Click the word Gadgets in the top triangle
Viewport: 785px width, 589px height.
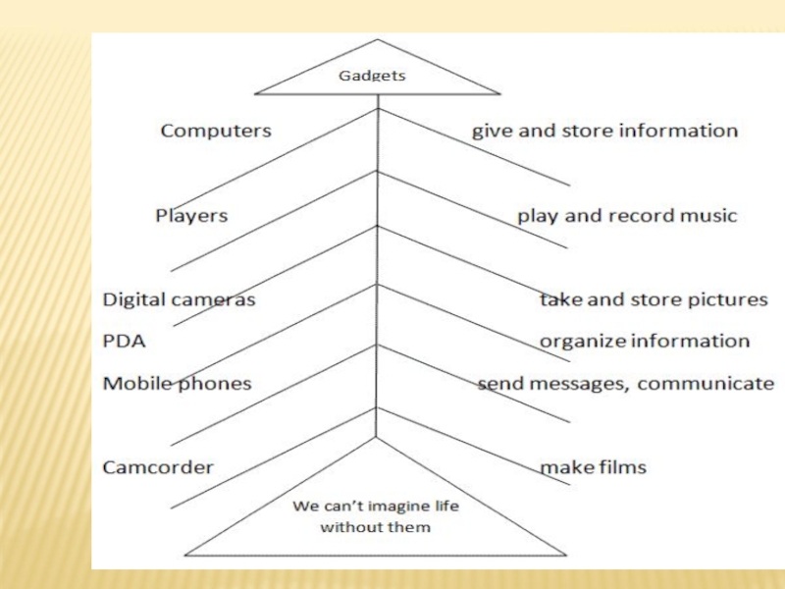pyautogui.click(x=372, y=75)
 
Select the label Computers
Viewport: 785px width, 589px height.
pyautogui.click(x=216, y=131)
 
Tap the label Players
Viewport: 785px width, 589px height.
pyautogui.click(x=191, y=215)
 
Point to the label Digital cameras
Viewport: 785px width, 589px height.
pyautogui.click(x=179, y=299)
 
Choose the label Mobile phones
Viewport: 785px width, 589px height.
pyautogui.click(x=177, y=383)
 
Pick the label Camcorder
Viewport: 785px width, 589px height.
pyautogui.click(x=158, y=467)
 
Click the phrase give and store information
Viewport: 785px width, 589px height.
pyautogui.click(x=604, y=131)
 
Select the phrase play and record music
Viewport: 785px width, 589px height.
pyautogui.click(x=627, y=215)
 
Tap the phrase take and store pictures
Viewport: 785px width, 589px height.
pyautogui.click(x=654, y=299)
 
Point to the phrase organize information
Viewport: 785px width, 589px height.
pyautogui.click(x=645, y=342)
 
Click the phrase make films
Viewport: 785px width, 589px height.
pyautogui.click(x=594, y=467)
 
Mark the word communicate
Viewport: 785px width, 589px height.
pyautogui.click(x=706, y=383)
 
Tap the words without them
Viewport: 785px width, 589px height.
pyautogui.click(x=375, y=527)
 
